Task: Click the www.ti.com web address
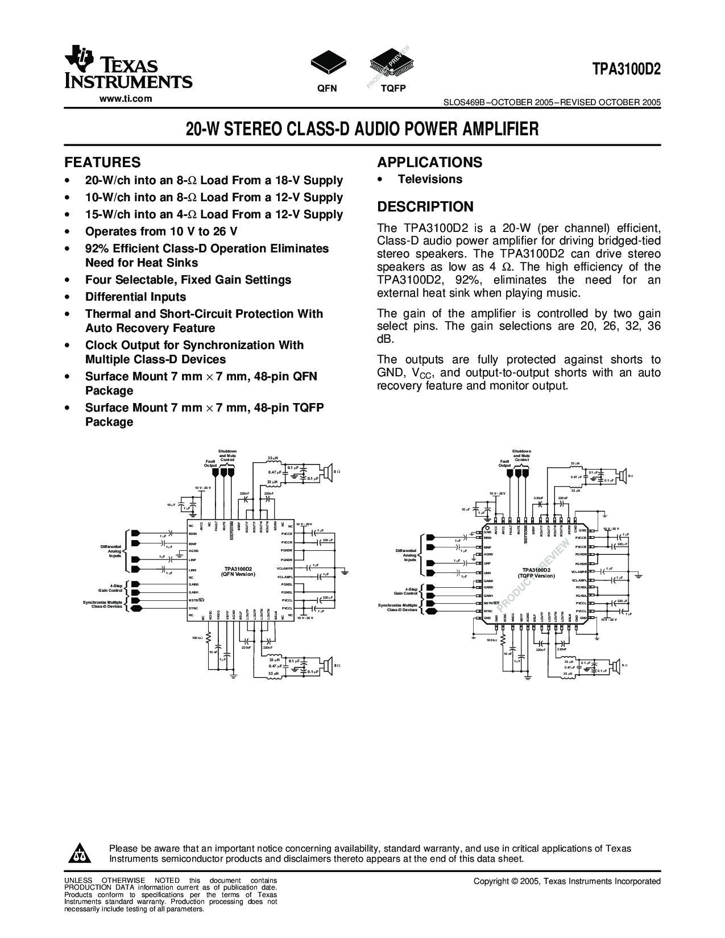(x=126, y=98)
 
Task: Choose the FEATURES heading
(x=102, y=163)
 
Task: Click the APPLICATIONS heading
(x=429, y=163)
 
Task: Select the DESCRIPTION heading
(x=425, y=207)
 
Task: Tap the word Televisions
(x=430, y=180)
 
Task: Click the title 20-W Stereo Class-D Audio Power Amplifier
(x=362, y=129)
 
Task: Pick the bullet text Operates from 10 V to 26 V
(x=161, y=231)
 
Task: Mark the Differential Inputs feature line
(x=135, y=297)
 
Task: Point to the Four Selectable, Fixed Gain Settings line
(x=188, y=280)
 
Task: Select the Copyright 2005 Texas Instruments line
(x=567, y=881)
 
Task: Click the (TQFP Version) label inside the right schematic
(x=536, y=575)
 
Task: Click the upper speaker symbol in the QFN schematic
(x=327, y=472)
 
